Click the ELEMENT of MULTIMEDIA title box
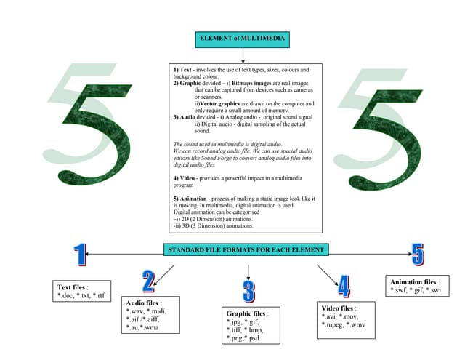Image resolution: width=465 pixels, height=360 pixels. point(241,39)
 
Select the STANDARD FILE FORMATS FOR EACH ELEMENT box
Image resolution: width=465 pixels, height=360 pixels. point(246,250)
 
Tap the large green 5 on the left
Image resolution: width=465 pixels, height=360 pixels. point(94,121)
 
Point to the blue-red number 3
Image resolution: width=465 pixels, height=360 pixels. point(249,291)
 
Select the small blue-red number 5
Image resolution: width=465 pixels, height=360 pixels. point(418,254)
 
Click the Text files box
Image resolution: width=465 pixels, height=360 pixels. point(82,291)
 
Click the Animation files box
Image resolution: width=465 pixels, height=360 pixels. point(416,286)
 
